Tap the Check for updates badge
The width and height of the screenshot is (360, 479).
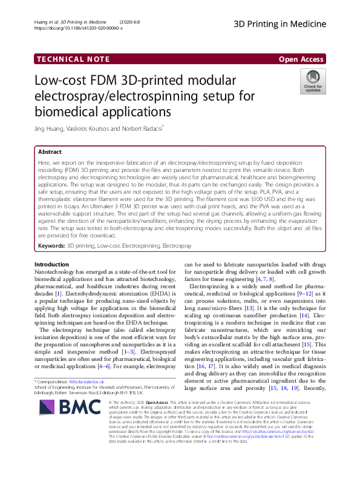coord(313,82)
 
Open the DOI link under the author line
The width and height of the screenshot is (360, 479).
coord(79,28)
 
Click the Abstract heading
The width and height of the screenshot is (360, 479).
coord(50,153)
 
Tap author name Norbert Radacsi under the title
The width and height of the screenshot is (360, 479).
coord(143,128)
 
